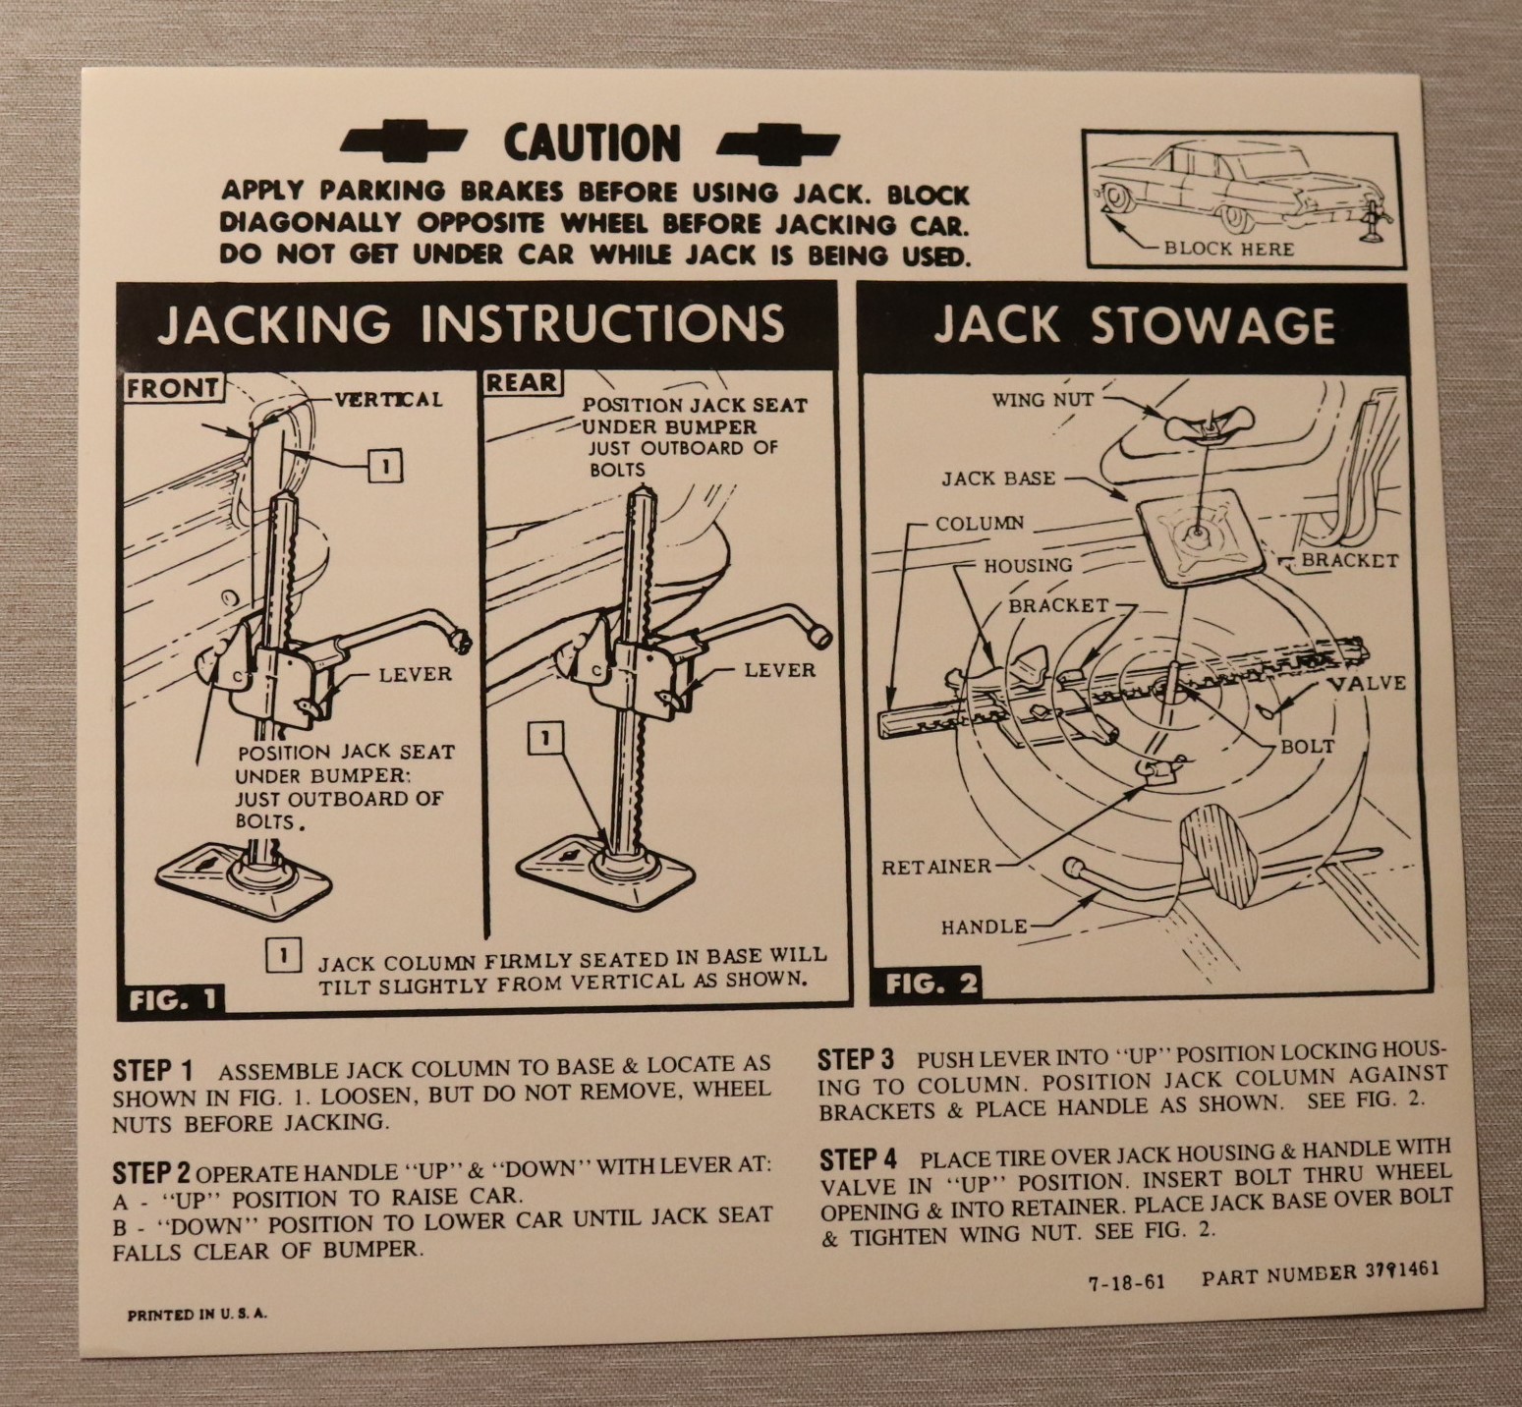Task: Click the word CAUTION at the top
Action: click(592, 143)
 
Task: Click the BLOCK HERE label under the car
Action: click(1228, 249)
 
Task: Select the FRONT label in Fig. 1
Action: click(172, 387)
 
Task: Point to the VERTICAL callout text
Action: click(389, 399)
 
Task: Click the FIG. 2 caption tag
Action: click(930, 984)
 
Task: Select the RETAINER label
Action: click(936, 867)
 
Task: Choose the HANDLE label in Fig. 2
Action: click(985, 926)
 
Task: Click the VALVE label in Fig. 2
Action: click(1367, 682)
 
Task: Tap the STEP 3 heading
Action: click(857, 1060)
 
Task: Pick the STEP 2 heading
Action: click(152, 1172)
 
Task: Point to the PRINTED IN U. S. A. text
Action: click(197, 1315)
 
